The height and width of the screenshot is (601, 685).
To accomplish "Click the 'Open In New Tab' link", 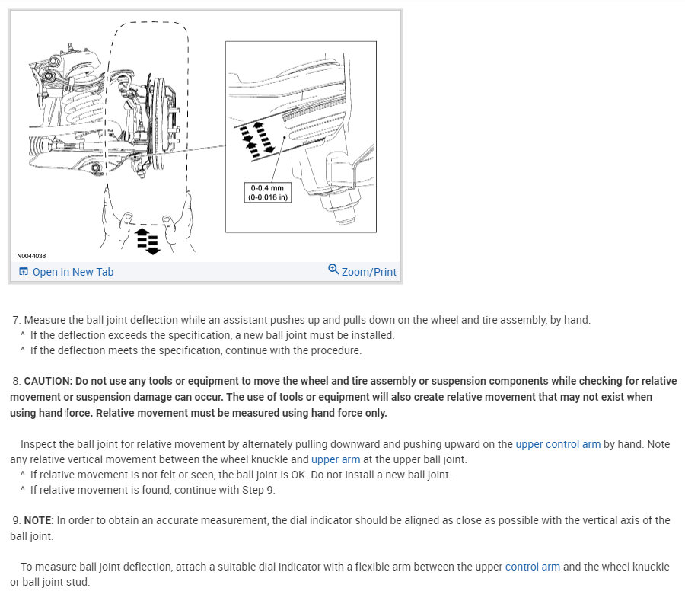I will pyautogui.click(x=72, y=272).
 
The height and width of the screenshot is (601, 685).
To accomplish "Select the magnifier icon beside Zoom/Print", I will pyautogui.click(x=333, y=270).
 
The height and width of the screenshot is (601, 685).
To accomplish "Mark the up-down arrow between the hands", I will pyautogui.click(x=148, y=239).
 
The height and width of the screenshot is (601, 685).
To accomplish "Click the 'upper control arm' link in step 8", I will pyautogui.click(x=558, y=444).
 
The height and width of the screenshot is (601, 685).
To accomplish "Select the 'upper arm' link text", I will pyautogui.click(x=336, y=459).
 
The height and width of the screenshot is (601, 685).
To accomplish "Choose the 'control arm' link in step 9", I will pyautogui.click(x=532, y=567).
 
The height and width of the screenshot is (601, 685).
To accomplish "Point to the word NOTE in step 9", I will pyautogui.click(x=37, y=520).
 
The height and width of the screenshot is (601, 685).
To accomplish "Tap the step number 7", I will pyautogui.click(x=15, y=320).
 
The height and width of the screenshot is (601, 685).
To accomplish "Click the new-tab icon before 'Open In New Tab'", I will pyautogui.click(x=24, y=272).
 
